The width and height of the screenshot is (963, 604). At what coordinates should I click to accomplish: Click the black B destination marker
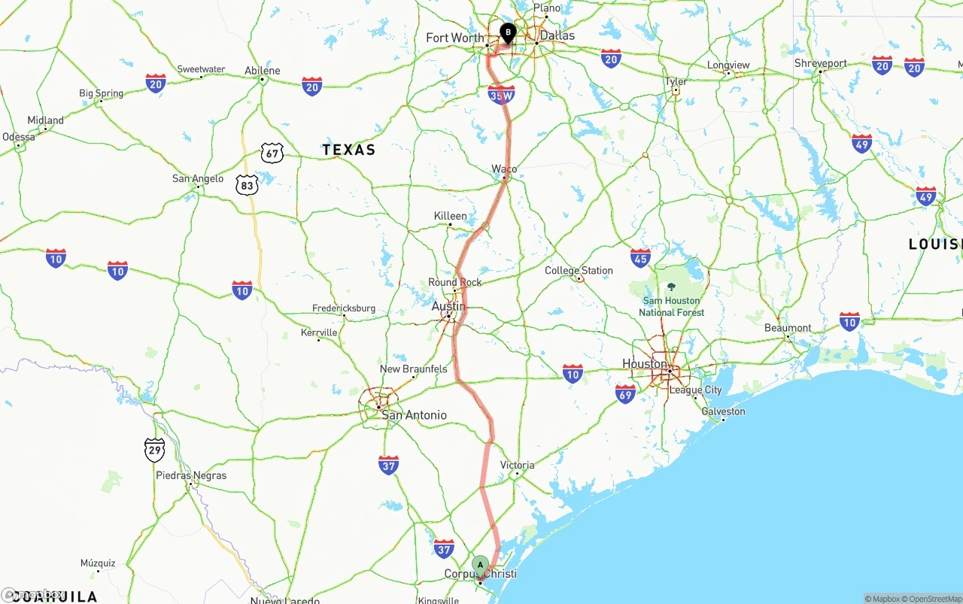[508, 33]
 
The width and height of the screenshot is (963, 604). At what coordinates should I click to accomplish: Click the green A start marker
[480, 565]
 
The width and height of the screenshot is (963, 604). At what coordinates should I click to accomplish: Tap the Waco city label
[504, 168]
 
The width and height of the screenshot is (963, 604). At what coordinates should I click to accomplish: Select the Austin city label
[448, 306]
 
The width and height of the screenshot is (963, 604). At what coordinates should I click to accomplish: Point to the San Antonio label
[414, 415]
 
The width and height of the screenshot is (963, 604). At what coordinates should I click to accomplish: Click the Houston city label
[645, 364]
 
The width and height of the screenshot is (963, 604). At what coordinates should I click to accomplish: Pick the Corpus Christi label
[480, 574]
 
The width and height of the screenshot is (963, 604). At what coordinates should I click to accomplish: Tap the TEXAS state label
[349, 150]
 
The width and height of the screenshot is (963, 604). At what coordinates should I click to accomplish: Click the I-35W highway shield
[501, 95]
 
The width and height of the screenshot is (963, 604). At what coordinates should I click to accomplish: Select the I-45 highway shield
[640, 258]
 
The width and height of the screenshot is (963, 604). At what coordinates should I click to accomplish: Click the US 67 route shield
[272, 153]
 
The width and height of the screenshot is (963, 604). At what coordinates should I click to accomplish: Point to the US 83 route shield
[246, 185]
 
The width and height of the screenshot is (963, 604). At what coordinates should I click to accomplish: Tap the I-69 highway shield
[625, 393]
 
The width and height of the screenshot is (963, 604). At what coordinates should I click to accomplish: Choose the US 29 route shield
[154, 450]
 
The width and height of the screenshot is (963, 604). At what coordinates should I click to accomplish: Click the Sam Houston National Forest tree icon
[671, 287]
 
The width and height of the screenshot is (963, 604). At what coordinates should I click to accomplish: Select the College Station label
[579, 271]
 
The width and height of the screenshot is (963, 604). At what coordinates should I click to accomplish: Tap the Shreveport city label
[821, 64]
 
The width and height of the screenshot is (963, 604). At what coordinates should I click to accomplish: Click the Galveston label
[723, 411]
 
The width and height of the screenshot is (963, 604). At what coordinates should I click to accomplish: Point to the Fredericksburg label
[344, 308]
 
